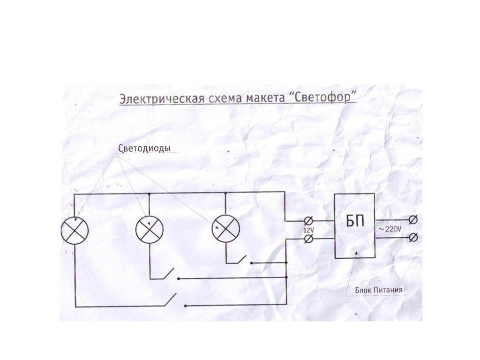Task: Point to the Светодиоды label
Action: click(x=144, y=148)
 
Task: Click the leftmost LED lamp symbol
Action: click(x=75, y=231)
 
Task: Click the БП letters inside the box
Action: click(x=355, y=221)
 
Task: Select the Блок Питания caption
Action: click(x=379, y=290)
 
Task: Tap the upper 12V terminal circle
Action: click(x=308, y=220)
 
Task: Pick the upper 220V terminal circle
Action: click(x=413, y=220)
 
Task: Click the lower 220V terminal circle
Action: click(x=413, y=237)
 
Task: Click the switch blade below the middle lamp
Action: click(x=168, y=273)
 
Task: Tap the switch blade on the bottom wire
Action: click(x=171, y=300)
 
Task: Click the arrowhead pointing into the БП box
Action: click(x=356, y=253)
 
